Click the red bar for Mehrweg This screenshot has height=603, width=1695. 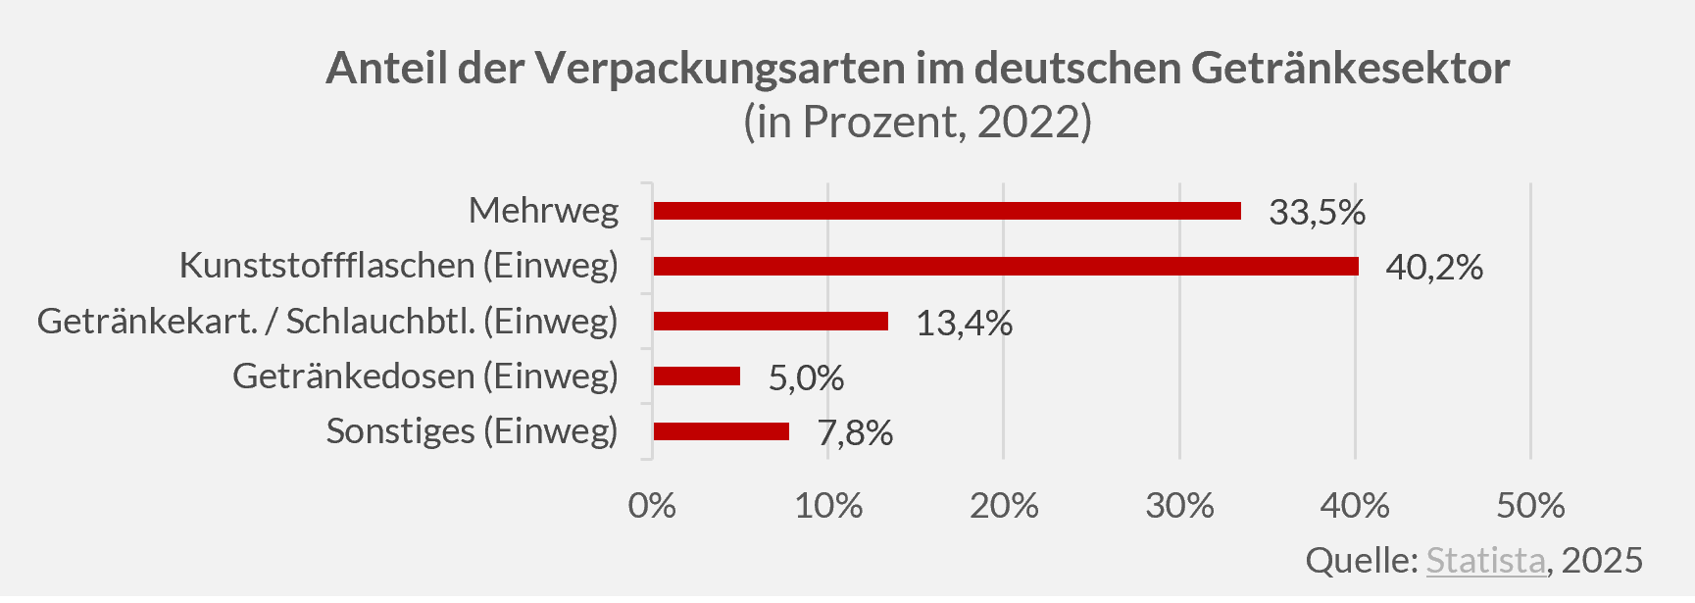946,211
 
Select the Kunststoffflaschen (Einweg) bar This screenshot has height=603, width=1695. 1005,266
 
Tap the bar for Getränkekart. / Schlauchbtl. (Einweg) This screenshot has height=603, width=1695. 771,321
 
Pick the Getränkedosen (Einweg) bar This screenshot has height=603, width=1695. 696,376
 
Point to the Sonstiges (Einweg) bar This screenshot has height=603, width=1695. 721,431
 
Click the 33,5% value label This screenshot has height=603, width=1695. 1317,212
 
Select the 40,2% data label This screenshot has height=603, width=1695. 1433,267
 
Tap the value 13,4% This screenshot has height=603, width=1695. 964,323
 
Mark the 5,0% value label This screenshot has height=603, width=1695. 805,377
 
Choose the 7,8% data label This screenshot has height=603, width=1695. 855,432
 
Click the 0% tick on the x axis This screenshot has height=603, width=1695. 652,505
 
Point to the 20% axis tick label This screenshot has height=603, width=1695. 1004,505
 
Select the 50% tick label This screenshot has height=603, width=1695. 1530,505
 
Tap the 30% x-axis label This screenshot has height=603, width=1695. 1179,505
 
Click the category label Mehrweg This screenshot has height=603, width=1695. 543,210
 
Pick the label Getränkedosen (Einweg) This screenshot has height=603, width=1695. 424,376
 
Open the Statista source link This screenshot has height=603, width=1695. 1485,560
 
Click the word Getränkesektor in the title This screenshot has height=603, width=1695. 1350,69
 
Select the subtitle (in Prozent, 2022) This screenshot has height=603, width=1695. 917,122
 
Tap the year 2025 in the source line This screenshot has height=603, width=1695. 1602,560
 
